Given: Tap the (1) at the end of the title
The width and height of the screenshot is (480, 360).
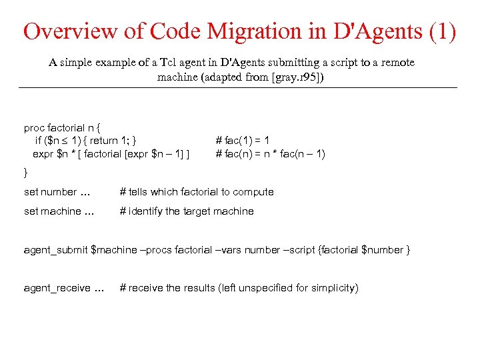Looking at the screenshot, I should pyautogui.click(x=441, y=31).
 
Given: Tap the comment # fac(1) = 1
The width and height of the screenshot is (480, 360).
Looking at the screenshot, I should pyautogui.click(x=243, y=141).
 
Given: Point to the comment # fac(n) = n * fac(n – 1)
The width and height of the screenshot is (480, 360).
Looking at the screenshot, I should pyautogui.click(x=271, y=154).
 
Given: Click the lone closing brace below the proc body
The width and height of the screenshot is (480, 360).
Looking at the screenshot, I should pyautogui.click(x=26, y=172).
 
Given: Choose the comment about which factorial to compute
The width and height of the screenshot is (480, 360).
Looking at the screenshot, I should pyautogui.click(x=197, y=192).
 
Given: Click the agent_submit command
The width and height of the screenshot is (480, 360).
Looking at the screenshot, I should pyautogui.click(x=55, y=250).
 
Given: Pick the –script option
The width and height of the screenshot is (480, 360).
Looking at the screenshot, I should pyautogui.click(x=301, y=250).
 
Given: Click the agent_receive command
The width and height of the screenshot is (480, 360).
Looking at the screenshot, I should pyautogui.click(x=57, y=288).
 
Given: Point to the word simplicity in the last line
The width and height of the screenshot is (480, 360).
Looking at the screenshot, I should pyautogui.click(x=333, y=288).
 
